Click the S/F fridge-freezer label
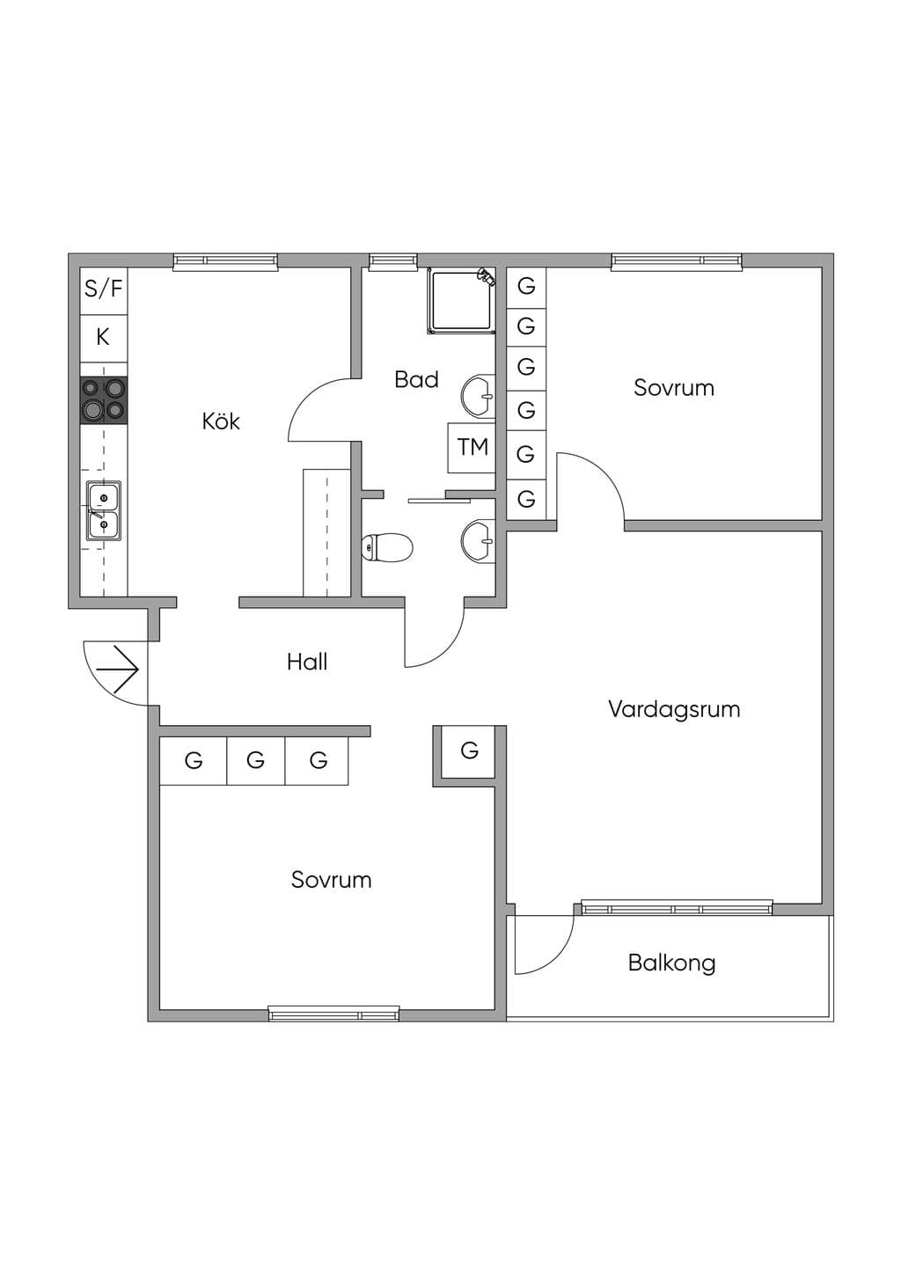click(x=103, y=289)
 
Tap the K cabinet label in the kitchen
click(x=102, y=337)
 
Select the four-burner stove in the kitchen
click(x=104, y=400)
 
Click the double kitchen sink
click(x=104, y=510)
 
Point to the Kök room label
click(x=221, y=421)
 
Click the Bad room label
click(x=416, y=379)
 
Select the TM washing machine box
click(x=472, y=448)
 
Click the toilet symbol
click(x=387, y=548)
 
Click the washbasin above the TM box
click(x=479, y=396)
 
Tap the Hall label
click(x=307, y=662)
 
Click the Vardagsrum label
click(x=674, y=710)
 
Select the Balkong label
click(x=671, y=963)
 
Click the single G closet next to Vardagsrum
click(x=469, y=750)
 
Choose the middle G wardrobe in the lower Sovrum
click(x=255, y=760)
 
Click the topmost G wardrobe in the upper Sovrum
click(x=526, y=286)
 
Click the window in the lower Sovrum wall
click(x=333, y=1014)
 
